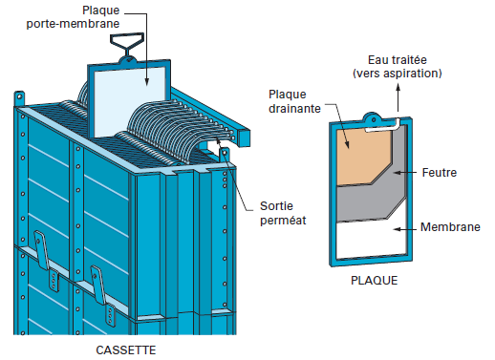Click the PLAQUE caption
[374, 282]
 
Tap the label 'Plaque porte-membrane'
[134, 16]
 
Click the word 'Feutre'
[441, 173]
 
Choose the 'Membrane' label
[450, 227]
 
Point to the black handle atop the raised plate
[125, 42]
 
